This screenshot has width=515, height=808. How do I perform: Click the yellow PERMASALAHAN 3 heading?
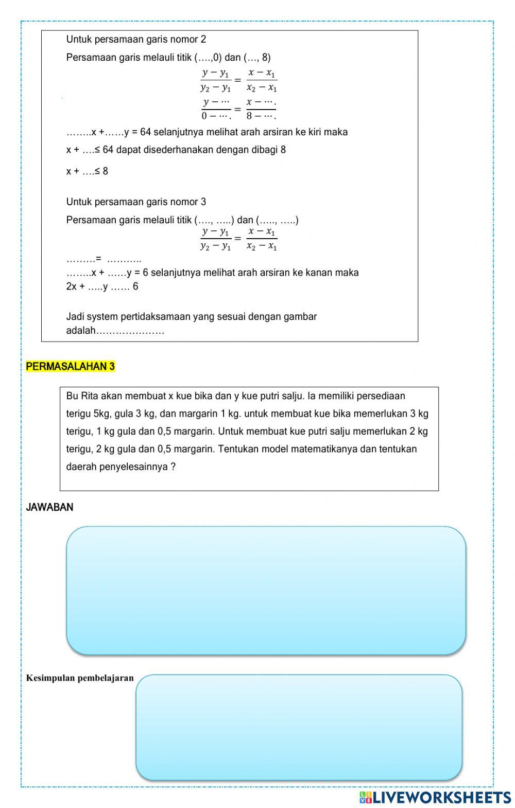71,367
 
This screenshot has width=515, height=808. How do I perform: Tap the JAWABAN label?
49,507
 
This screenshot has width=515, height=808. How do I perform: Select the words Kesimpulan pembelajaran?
80,678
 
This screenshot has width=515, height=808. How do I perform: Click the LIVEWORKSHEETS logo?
435,797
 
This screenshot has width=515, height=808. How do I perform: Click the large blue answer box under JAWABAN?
266,590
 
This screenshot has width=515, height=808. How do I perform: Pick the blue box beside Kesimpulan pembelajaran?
299,727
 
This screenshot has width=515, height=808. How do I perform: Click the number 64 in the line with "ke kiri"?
145,132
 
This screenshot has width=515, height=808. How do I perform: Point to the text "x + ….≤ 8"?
87,171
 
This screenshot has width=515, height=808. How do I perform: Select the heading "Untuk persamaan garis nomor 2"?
136,40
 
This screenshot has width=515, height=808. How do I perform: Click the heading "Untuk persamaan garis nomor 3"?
136,202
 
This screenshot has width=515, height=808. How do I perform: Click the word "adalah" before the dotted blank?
81,331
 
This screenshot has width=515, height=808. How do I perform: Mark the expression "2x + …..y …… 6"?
102,287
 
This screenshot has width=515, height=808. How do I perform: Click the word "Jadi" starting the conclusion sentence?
75,317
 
